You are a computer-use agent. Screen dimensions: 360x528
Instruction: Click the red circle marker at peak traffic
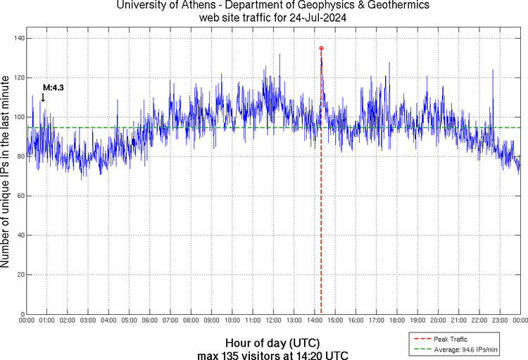(x=321, y=48)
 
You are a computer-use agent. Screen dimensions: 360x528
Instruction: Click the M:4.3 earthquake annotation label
(x=54, y=87)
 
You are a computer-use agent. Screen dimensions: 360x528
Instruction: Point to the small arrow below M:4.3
(x=43, y=97)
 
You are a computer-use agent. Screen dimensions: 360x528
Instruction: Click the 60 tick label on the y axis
(x=19, y=196)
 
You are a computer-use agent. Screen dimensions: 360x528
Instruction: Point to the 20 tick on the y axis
(x=19, y=275)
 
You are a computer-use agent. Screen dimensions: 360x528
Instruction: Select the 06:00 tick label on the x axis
(x=149, y=321)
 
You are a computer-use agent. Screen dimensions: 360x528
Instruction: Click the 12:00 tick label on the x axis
(x=272, y=321)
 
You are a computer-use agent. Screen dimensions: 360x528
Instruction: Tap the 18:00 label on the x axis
(x=396, y=321)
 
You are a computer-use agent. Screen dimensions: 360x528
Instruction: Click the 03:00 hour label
(x=87, y=321)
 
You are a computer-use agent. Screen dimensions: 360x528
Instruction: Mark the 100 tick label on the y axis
(x=17, y=117)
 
